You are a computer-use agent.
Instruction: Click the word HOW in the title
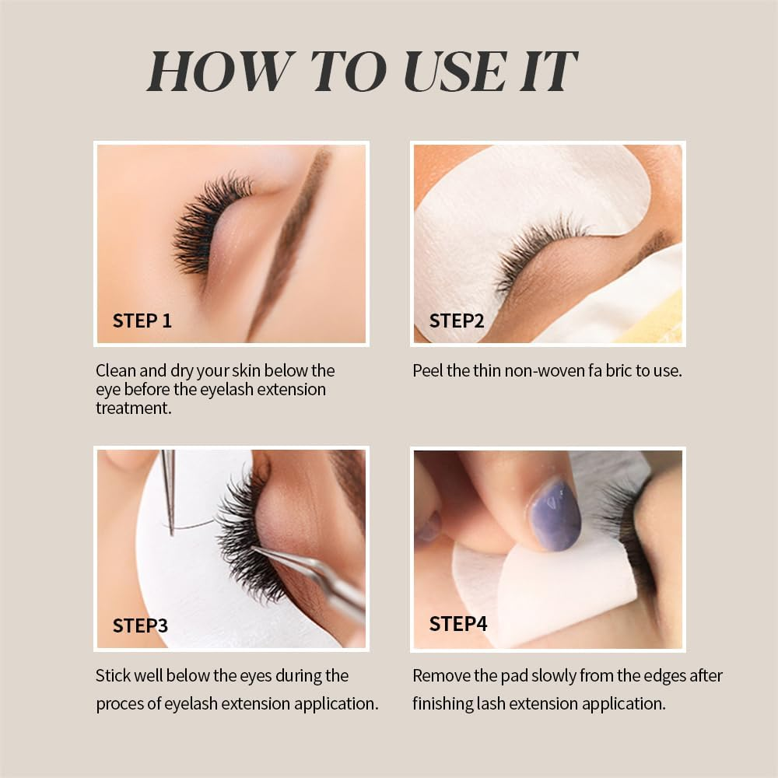pos(219,71)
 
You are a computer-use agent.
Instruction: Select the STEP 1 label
pos(142,321)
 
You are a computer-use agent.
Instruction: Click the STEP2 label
pos(457,321)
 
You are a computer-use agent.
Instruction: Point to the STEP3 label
pos(140,626)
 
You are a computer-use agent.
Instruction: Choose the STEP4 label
pos(458,624)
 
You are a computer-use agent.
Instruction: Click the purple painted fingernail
pos(554,515)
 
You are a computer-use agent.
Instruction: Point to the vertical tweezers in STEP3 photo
pos(169,491)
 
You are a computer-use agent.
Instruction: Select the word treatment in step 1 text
pos(134,408)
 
